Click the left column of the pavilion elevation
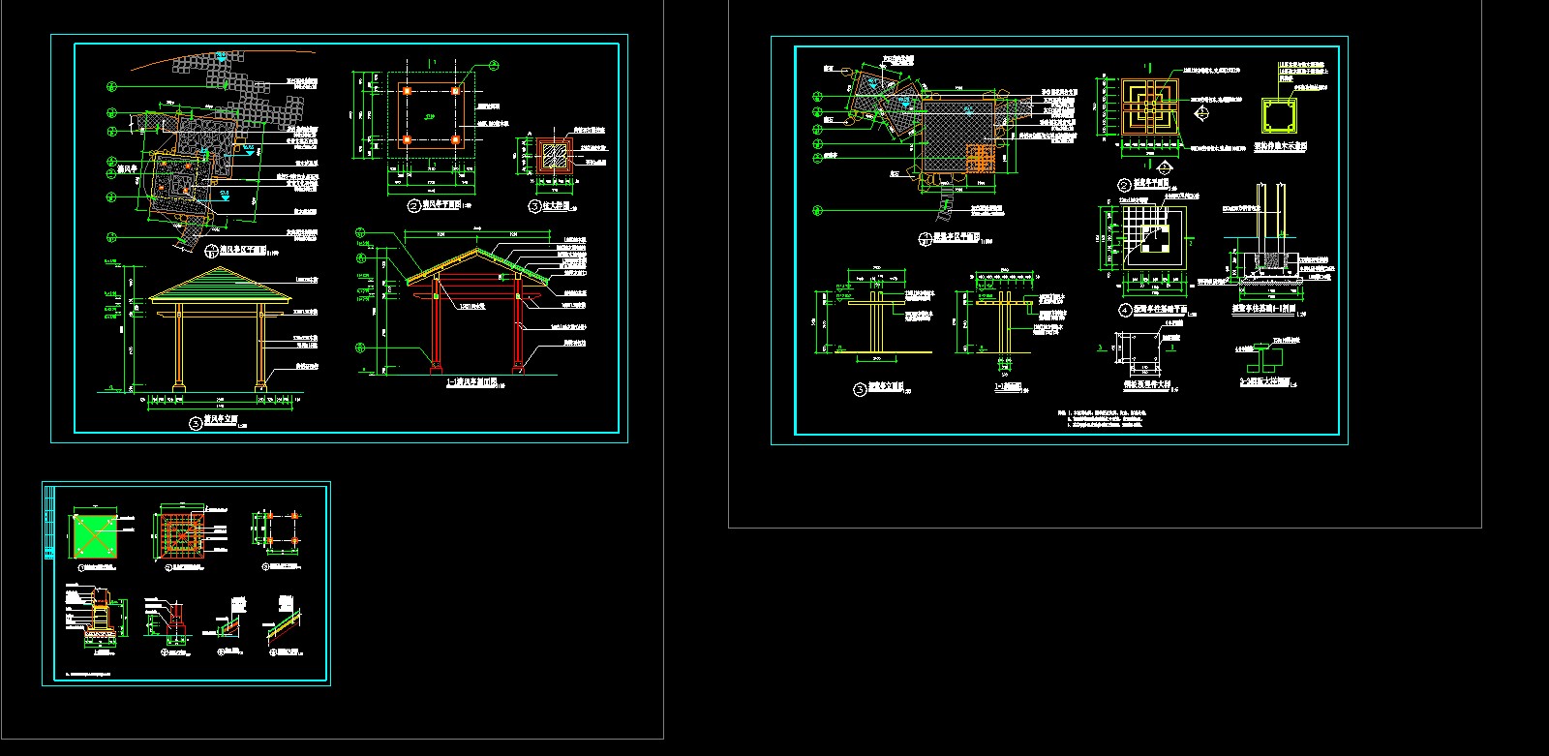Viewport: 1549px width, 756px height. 179,347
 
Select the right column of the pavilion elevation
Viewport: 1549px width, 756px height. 261,347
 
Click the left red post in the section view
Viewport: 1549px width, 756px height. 437,324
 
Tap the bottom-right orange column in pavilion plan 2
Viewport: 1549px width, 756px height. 455,139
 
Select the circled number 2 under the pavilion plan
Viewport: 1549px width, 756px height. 412,206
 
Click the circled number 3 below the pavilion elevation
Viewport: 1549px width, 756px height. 197,421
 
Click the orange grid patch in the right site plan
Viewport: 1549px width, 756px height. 981,158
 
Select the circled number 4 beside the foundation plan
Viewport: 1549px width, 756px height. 1125,310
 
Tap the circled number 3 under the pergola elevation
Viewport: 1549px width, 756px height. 860,389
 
